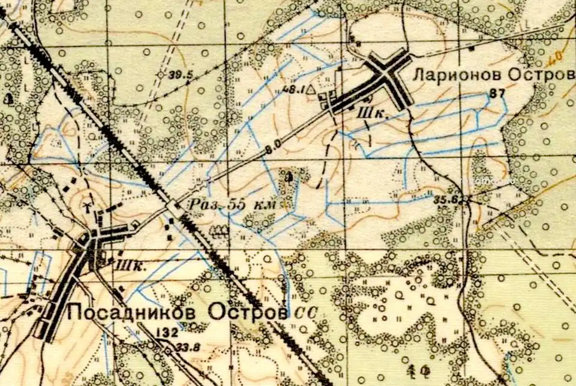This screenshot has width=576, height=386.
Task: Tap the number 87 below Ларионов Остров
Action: tap(497, 93)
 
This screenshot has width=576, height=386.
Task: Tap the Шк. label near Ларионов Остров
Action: tap(370, 112)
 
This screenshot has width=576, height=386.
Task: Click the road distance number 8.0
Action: tap(273, 144)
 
